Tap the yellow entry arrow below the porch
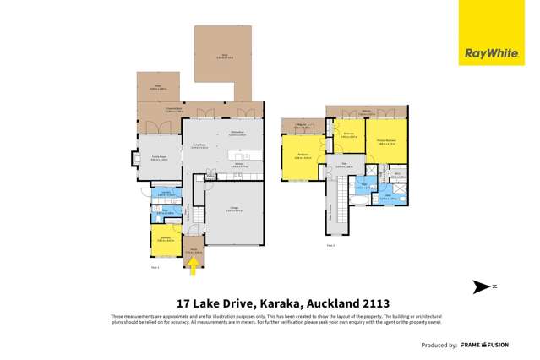pos(193,267)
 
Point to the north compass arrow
pos(479,286)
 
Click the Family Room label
pos(158,157)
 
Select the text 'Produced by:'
pos(439,345)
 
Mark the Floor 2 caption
pos(331,246)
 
